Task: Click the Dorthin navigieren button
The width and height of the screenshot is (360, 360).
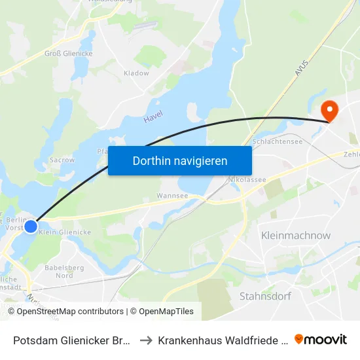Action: [x=180, y=160]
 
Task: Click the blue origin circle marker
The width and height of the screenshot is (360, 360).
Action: [x=31, y=226]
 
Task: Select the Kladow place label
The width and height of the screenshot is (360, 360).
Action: [x=136, y=73]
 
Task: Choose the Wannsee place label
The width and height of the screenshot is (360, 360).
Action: [x=173, y=195]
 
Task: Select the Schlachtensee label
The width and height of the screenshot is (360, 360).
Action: [x=276, y=141]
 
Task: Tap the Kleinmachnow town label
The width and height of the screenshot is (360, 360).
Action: [x=296, y=235]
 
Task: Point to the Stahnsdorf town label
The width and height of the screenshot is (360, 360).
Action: [x=266, y=295]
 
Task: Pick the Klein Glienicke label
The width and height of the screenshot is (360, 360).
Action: [x=65, y=232]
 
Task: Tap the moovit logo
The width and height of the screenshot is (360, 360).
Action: [x=321, y=339]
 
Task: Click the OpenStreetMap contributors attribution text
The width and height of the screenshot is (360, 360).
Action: [x=66, y=312]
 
